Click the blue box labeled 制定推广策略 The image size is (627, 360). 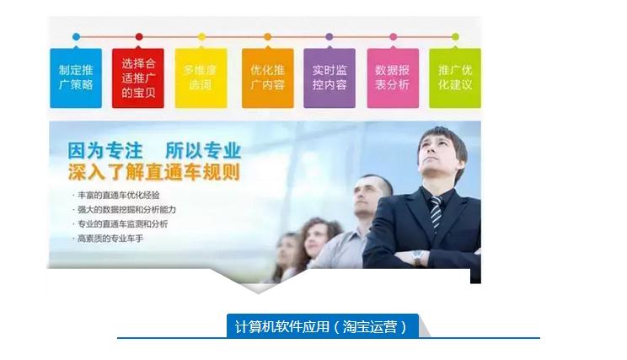76,78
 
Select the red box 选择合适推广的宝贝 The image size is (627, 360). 138,78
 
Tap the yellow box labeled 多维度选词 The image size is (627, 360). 201,78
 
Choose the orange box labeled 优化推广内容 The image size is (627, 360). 268,78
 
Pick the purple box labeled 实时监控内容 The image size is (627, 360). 330,78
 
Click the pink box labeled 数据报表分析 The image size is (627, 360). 393,78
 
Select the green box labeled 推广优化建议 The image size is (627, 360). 455,78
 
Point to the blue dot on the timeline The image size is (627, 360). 76,37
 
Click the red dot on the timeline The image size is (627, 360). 139,37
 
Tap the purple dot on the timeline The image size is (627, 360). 330,37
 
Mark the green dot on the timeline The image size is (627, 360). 455,37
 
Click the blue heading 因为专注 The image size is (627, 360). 105,151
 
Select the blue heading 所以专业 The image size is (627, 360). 203,151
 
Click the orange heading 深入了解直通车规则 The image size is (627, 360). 154,172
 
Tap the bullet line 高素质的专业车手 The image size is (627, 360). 108,239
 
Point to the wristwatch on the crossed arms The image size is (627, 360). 417,257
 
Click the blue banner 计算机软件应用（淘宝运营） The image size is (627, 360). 322,326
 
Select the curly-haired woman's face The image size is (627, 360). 317,241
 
